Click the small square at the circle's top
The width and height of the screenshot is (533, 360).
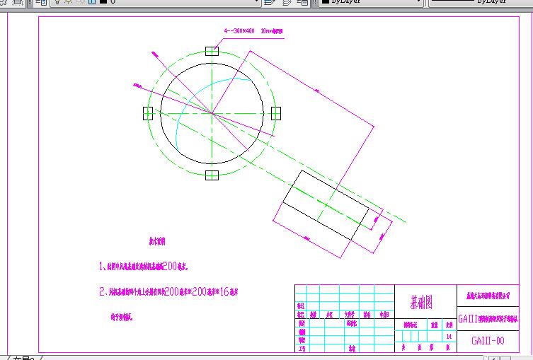(x=212, y=51)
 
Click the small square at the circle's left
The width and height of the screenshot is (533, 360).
(x=148, y=113)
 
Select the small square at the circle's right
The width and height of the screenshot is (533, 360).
(x=275, y=113)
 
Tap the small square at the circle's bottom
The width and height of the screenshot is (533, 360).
(x=212, y=175)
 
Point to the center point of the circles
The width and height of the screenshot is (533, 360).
(x=212, y=113)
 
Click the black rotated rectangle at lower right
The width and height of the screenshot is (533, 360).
(x=325, y=206)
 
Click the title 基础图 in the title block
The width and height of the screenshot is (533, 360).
(x=421, y=302)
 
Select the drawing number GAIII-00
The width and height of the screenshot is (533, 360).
(x=488, y=341)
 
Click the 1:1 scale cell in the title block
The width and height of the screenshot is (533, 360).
(x=449, y=336)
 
